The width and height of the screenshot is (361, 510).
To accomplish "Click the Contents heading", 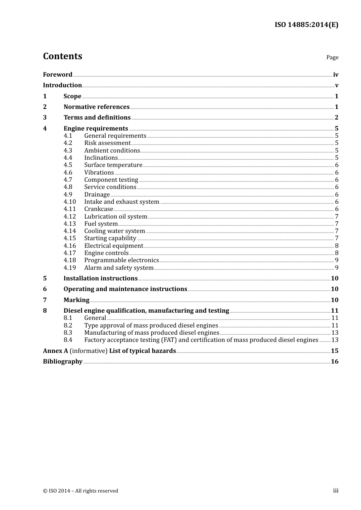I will click(62, 56).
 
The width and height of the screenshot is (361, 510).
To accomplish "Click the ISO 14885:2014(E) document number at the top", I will click(306, 25).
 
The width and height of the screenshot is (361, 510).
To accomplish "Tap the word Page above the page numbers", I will click(332, 57).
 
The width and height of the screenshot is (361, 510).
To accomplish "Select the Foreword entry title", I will click(57, 75).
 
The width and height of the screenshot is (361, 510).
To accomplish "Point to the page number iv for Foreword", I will click(336, 75).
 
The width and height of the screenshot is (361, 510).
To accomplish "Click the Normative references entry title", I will click(97, 107).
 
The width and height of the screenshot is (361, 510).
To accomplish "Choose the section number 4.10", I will click(70, 202).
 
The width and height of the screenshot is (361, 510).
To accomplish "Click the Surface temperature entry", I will click(113, 165).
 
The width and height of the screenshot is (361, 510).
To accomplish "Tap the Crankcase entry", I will click(98, 209).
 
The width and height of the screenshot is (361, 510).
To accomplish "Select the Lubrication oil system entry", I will click(116, 217).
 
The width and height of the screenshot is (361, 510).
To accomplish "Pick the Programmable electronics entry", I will click(121, 260).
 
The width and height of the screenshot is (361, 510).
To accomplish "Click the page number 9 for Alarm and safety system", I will click(337, 268).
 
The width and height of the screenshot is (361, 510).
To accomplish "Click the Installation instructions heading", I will click(100, 279).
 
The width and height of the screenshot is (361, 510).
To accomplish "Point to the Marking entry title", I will click(76, 300).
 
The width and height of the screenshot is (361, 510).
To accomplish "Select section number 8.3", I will click(68, 333).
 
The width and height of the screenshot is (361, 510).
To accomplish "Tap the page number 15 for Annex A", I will click(334, 351).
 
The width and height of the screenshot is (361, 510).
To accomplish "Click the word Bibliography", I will click(63, 362).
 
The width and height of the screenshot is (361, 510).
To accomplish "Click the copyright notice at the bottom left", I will click(81, 491).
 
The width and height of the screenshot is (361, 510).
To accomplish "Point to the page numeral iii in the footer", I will click(336, 491).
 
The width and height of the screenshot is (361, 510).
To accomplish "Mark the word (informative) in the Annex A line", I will click(89, 351).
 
